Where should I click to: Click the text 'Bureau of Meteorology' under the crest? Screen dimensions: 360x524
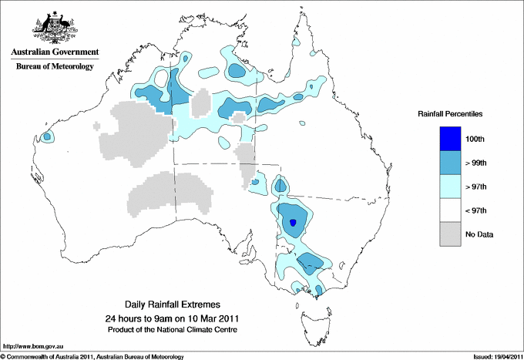pyautogui.click(x=54, y=66)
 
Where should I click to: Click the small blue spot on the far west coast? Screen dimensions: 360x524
pyautogui.click(x=47, y=136)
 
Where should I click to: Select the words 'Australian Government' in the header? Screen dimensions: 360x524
pyautogui.click(x=54, y=52)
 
